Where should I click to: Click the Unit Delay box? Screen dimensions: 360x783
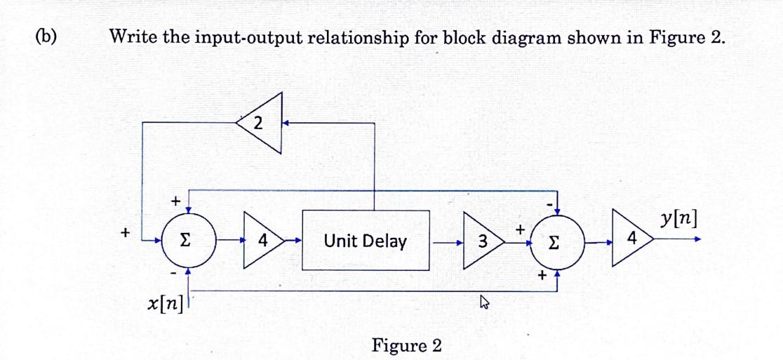(366, 241)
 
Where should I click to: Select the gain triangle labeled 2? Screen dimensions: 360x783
(263, 124)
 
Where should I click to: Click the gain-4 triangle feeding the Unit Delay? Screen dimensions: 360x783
(261, 241)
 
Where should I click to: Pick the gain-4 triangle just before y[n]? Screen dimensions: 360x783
(631, 240)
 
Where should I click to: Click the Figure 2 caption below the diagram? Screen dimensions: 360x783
(407, 345)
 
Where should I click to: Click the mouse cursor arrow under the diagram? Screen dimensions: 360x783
(483, 303)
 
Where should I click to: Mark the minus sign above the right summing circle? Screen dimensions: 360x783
(549, 204)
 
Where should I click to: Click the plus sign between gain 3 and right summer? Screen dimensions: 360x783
(520, 229)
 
